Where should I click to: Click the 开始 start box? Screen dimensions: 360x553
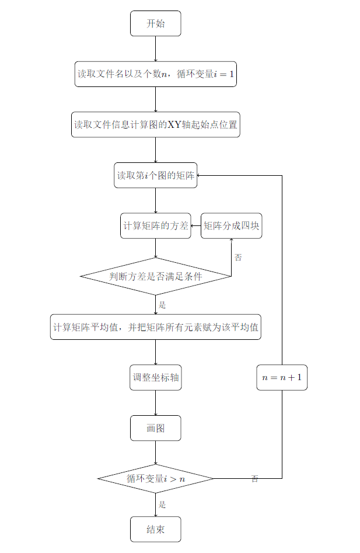click(155, 23)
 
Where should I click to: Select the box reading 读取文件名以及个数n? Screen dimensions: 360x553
click(155, 74)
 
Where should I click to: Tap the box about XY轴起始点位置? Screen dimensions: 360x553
click(155, 124)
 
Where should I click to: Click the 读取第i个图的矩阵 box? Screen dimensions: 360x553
click(155, 175)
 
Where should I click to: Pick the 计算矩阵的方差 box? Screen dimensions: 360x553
click(155, 226)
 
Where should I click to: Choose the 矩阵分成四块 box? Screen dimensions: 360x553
click(231, 226)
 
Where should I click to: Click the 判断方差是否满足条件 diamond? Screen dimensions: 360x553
click(155, 276)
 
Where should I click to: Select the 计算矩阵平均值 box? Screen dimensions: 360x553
click(155, 327)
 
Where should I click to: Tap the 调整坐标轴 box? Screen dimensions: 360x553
click(155, 377)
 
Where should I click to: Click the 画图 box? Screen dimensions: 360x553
click(155, 428)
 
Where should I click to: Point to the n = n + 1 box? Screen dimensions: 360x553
click(282, 377)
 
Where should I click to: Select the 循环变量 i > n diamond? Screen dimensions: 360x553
click(155, 479)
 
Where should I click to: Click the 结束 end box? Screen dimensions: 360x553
click(155, 529)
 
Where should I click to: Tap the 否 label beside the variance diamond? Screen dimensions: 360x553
click(238, 257)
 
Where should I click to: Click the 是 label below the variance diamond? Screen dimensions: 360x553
click(163, 304)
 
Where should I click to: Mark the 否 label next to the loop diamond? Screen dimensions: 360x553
click(255, 479)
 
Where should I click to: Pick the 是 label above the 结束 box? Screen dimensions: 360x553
click(163, 505)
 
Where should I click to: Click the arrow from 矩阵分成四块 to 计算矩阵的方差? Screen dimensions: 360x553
click(195, 226)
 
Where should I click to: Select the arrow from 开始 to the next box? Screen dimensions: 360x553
click(155, 48)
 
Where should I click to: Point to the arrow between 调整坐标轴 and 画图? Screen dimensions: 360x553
click(155, 402)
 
